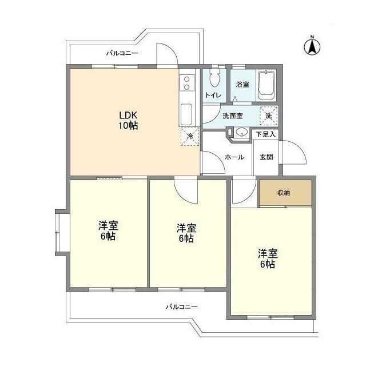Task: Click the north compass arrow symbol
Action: pyautogui.click(x=313, y=46)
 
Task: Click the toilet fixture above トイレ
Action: pyautogui.click(x=216, y=80)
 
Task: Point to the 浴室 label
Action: pyautogui.click(x=243, y=85)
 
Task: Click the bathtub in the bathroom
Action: pyautogui.click(x=266, y=85)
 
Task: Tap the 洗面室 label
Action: pyautogui.click(x=232, y=116)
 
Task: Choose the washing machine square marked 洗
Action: pyautogui.click(x=269, y=115)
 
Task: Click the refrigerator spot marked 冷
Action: pyautogui.click(x=190, y=137)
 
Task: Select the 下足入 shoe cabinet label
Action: pyautogui.click(x=265, y=135)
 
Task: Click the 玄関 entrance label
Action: pyautogui.click(x=266, y=157)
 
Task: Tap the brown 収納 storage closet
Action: pyautogui.click(x=284, y=193)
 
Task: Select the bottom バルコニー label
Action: pyautogui.click(x=182, y=307)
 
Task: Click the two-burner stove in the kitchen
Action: pyautogui.click(x=187, y=84)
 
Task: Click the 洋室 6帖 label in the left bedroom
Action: pyautogui.click(x=108, y=230)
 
